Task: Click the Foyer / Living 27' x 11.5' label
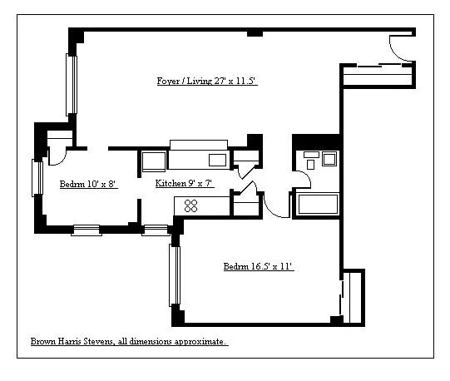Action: tap(210, 82)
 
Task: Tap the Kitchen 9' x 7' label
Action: tap(185, 183)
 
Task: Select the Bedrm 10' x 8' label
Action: tap(87, 184)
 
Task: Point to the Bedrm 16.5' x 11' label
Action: tap(258, 267)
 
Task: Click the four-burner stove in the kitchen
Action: tap(190, 205)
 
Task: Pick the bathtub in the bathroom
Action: tap(315, 205)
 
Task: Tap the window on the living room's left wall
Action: tap(72, 85)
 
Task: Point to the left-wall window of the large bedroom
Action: tap(174, 275)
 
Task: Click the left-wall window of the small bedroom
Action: tap(37, 177)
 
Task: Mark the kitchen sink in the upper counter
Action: tap(216, 160)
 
